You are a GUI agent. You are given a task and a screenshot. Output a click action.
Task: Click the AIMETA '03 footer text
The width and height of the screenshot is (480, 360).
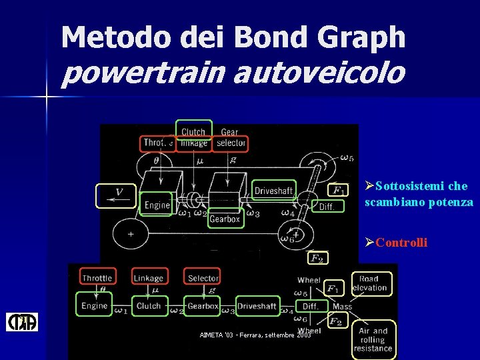click(255, 335)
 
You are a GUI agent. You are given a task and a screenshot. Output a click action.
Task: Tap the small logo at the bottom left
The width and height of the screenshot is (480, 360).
click(22, 323)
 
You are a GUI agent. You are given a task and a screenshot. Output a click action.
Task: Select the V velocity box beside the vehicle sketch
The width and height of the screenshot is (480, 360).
click(116, 195)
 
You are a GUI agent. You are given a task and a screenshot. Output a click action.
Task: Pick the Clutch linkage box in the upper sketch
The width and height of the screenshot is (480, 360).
click(193, 137)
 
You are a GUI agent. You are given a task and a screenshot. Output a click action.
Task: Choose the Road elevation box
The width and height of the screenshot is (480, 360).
click(369, 283)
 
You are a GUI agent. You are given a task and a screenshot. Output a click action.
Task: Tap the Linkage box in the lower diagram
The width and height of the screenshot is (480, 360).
click(149, 277)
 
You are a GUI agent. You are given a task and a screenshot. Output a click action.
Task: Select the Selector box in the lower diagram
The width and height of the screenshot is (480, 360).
click(203, 277)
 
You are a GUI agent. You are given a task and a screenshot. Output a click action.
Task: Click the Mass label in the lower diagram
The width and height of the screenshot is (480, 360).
click(342, 307)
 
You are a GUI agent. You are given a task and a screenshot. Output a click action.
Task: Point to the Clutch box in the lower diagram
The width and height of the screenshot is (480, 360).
click(149, 306)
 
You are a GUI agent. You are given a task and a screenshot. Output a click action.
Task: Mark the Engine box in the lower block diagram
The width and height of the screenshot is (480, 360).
click(95, 306)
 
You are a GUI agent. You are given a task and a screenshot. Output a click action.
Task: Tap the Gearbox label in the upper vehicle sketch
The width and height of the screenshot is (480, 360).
click(225, 219)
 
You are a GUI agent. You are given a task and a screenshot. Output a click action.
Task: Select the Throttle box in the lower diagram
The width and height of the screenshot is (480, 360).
click(97, 277)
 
